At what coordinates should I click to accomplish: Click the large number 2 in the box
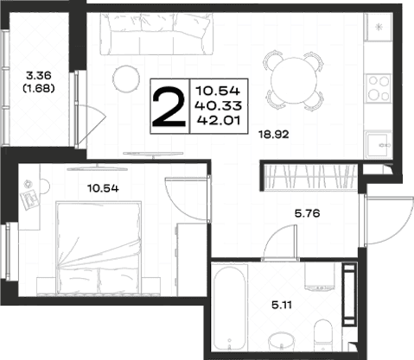(169, 107)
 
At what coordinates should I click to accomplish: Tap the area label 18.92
(273, 134)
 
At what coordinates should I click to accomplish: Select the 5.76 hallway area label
(307, 213)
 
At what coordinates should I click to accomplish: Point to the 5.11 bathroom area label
(282, 305)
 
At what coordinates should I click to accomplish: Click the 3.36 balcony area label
(39, 76)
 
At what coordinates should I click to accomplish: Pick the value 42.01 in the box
(219, 120)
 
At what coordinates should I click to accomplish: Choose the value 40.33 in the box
(218, 106)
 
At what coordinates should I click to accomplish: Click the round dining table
(293, 80)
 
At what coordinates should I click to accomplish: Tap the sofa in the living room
(157, 34)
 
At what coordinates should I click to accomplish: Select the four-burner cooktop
(379, 88)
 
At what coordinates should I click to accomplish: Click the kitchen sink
(379, 145)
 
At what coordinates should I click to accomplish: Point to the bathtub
(230, 308)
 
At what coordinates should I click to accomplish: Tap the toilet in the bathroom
(322, 335)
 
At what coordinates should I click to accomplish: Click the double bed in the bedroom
(99, 248)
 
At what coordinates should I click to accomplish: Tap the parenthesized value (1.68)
(39, 89)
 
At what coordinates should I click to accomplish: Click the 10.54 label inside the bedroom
(103, 188)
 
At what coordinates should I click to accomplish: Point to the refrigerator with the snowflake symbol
(379, 27)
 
